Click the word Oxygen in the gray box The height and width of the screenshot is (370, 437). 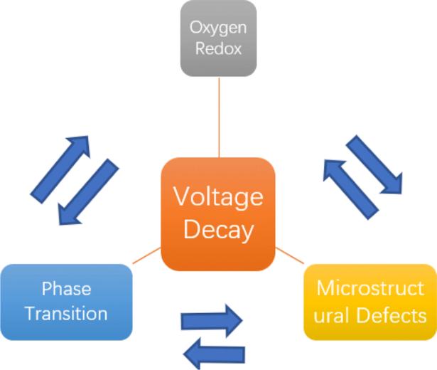(x=218, y=28)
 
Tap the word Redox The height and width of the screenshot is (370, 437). (x=218, y=48)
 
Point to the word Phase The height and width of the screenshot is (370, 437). (x=66, y=288)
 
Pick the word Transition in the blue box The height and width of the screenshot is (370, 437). (x=66, y=313)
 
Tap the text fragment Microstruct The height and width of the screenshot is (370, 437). (x=370, y=287)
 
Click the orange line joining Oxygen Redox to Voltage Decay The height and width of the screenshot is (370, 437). (x=219, y=117)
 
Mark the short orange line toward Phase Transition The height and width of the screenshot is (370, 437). (x=146, y=255)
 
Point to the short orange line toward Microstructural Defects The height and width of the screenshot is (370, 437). (x=290, y=255)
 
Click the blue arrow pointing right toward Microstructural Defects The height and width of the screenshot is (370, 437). (x=212, y=321)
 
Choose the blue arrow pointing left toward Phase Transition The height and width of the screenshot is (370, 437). (x=214, y=354)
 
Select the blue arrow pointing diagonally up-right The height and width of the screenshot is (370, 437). (x=60, y=169)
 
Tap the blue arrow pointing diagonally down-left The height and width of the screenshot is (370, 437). (x=88, y=192)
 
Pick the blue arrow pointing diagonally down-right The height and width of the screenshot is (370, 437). (x=374, y=164)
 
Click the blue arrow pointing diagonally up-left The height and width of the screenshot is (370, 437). (x=351, y=190)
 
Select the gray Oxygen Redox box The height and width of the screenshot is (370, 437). (x=219, y=38)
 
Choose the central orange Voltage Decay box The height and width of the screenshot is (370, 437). (x=218, y=214)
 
